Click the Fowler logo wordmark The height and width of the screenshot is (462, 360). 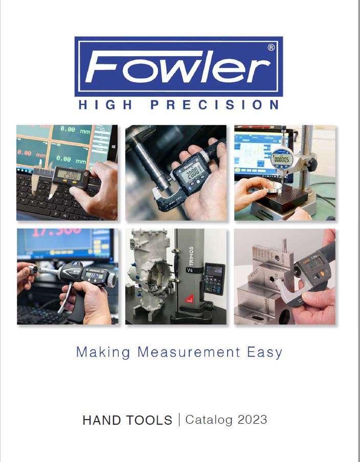coord(178,66)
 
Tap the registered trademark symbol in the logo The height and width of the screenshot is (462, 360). coord(271,47)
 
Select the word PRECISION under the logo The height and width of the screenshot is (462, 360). coord(215,105)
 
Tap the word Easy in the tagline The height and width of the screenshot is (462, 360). coord(264,352)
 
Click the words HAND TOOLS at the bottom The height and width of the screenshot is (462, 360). coord(127,420)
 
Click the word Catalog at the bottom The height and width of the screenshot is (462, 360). coord(206,420)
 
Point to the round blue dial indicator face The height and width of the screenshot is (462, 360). coord(282,158)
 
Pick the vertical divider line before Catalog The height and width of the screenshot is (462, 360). coord(179,420)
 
